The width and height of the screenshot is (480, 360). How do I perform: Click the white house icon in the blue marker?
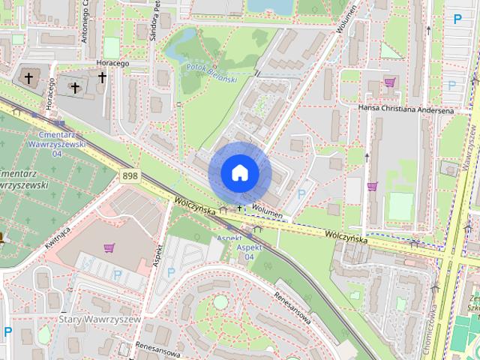click(239, 172)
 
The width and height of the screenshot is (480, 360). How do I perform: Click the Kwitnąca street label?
click(57, 239)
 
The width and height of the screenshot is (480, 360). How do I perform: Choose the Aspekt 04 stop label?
click(249, 251)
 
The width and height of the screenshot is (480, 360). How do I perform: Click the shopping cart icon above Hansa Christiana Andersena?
click(389, 82)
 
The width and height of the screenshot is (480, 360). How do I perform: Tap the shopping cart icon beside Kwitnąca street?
click(110, 247)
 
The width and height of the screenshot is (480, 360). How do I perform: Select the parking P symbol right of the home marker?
click(301, 193)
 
